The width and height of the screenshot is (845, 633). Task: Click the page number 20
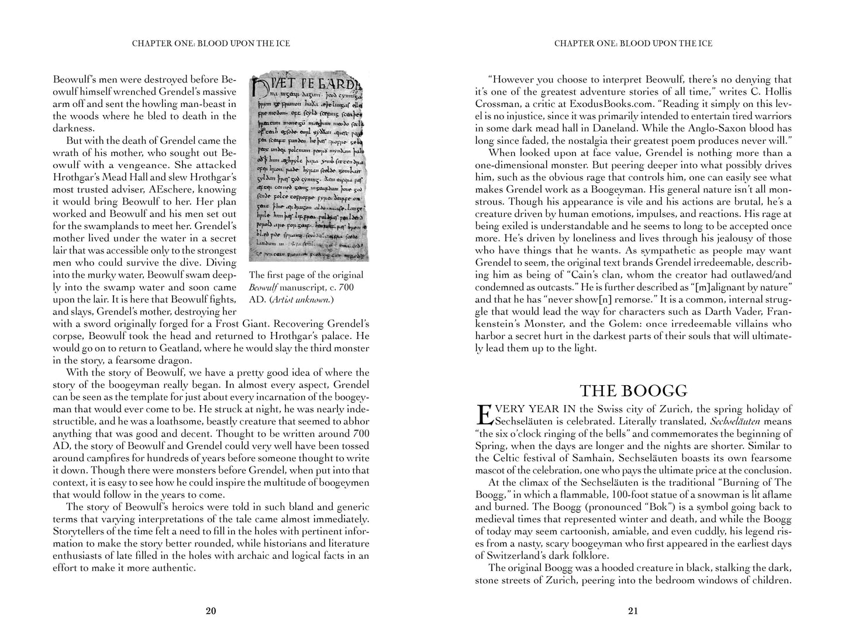point(211,612)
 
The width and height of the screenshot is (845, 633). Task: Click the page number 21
point(633,612)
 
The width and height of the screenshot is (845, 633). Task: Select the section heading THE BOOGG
point(633,390)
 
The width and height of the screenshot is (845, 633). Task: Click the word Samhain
point(594,458)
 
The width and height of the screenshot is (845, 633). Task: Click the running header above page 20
point(211,43)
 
